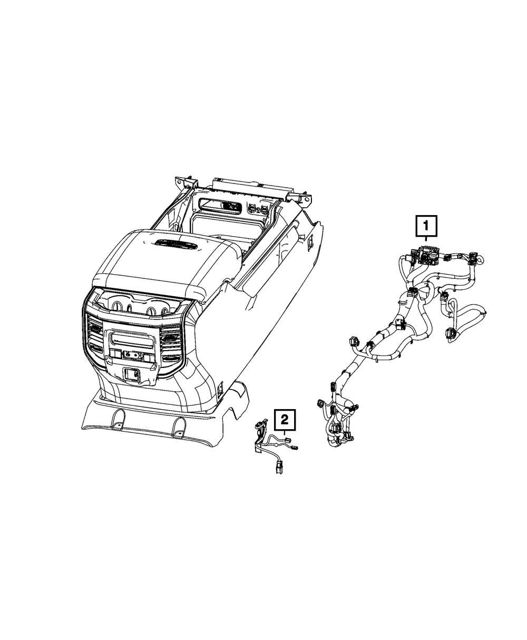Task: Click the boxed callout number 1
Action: point(426,227)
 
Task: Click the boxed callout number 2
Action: point(285,419)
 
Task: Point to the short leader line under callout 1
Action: point(426,239)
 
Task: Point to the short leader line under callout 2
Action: point(285,432)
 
